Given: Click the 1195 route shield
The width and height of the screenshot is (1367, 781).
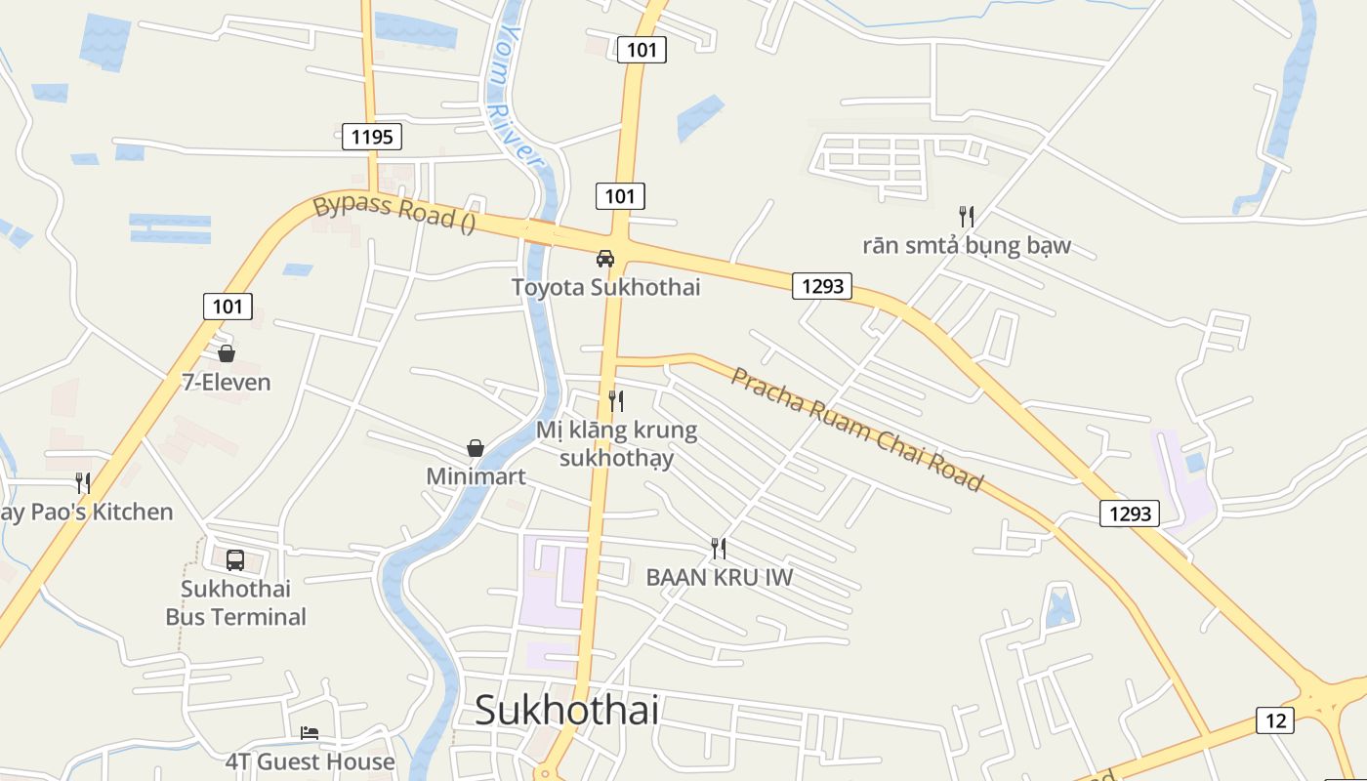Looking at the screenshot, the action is tap(372, 137).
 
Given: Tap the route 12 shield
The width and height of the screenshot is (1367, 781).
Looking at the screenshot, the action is tap(1275, 720).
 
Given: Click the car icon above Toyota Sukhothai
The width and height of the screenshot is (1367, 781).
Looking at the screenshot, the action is tap(605, 259).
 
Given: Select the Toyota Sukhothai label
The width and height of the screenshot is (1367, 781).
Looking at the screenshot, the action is tap(605, 287).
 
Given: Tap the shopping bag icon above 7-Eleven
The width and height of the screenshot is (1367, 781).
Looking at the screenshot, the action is tap(227, 353).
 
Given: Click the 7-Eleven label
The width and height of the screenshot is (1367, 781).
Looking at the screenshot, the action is tap(227, 382).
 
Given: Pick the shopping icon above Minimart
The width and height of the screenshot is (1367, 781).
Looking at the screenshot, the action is tap(476, 448).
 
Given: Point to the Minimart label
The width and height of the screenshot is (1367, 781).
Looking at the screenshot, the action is tap(476, 476).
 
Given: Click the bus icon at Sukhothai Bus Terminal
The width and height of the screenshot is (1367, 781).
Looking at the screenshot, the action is tap(235, 560).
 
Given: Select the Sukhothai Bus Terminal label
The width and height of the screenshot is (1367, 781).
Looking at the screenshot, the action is tap(235, 603).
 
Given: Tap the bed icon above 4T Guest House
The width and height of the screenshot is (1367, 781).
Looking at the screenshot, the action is tap(310, 732).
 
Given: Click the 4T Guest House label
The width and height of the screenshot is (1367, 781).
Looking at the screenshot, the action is tap(310, 761).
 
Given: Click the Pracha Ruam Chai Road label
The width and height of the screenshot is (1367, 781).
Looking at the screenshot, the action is tap(857, 429).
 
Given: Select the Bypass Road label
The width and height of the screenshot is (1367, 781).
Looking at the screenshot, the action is tap(394, 213).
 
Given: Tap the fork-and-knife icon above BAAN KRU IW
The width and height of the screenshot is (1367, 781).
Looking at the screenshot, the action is tap(719, 549).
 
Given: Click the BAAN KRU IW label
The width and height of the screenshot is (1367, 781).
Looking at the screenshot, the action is tap(719, 577).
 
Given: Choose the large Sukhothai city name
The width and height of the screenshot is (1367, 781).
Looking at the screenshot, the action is tap(566, 710).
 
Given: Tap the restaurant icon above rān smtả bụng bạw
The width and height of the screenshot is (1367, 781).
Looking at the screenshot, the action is tap(967, 217).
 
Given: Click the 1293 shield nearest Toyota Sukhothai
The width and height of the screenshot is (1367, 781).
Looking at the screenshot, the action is tap(821, 286).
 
